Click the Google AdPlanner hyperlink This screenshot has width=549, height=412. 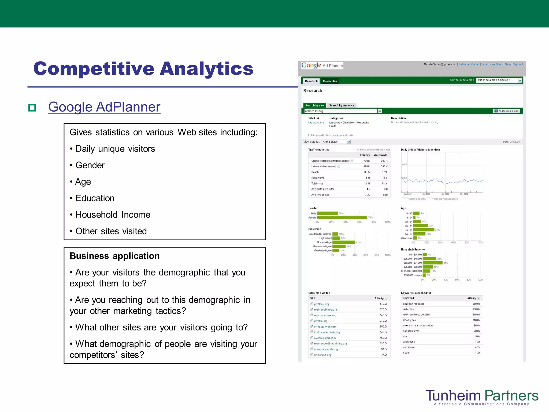click(104, 107)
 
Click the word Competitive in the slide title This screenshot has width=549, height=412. click(94, 69)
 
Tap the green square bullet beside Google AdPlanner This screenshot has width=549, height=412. click(32, 108)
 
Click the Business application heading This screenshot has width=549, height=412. click(114, 256)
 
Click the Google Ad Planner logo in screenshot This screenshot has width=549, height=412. click(322, 66)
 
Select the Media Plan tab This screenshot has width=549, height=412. click(330, 81)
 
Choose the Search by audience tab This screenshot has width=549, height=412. click(342, 105)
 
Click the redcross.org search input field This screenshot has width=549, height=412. click(340, 111)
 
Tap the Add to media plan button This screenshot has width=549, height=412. click(506, 111)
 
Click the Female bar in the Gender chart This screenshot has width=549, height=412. click(342, 218)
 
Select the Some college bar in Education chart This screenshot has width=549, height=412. click(344, 242)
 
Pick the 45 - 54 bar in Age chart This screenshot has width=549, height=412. click(424, 230)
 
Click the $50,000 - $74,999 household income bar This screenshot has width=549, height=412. click(433, 263)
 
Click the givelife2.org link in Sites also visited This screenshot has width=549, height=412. click(321, 304)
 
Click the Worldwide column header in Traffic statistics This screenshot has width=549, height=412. click(380, 155)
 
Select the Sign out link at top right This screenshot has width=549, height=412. click(518, 64)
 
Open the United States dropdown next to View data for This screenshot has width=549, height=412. click(336, 142)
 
